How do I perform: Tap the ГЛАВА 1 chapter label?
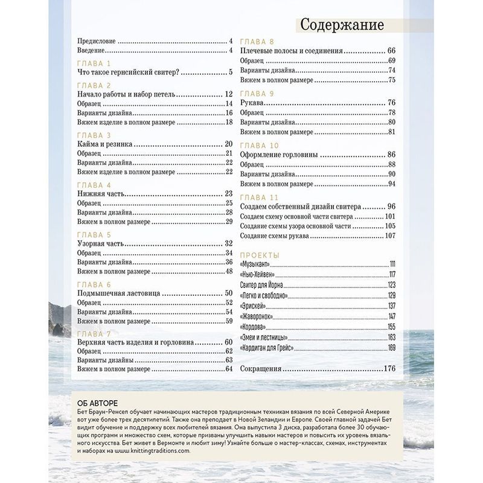[x=95, y=63]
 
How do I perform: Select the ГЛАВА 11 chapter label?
[x=259, y=197]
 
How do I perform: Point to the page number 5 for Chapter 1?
[x=231, y=73]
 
